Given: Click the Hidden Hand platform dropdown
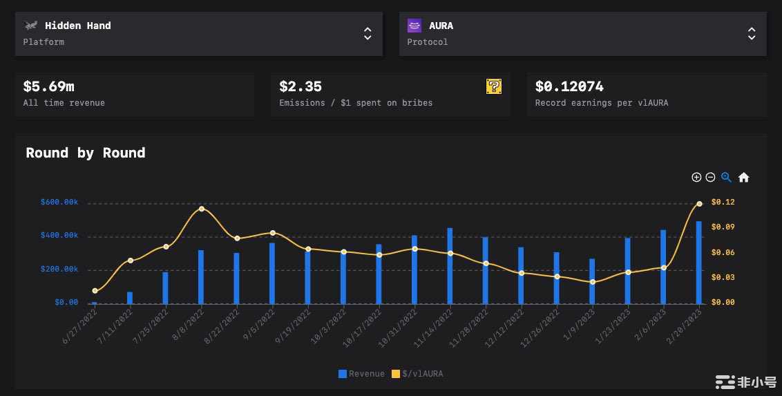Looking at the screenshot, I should point(198,33).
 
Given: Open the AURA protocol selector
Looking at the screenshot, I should point(582,33).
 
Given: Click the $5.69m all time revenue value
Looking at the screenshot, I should point(48,86).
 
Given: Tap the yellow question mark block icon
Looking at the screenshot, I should point(494,86).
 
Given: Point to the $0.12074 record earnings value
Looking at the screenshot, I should point(569,86).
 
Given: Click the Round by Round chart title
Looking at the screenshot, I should point(86,153).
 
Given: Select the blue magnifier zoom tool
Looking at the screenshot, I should point(726,178).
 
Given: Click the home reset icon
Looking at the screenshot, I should point(743,178).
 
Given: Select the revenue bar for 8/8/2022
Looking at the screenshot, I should point(201,276).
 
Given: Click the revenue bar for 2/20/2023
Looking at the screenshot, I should point(699,263).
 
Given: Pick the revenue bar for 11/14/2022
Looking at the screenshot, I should point(450,266).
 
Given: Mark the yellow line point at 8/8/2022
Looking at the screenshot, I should point(201,209).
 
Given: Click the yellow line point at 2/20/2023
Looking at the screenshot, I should point(699,204).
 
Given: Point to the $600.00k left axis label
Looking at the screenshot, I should point(59,202).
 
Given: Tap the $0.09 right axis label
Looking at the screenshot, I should point(723,227).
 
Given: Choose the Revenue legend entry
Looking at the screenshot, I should point(361,374).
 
